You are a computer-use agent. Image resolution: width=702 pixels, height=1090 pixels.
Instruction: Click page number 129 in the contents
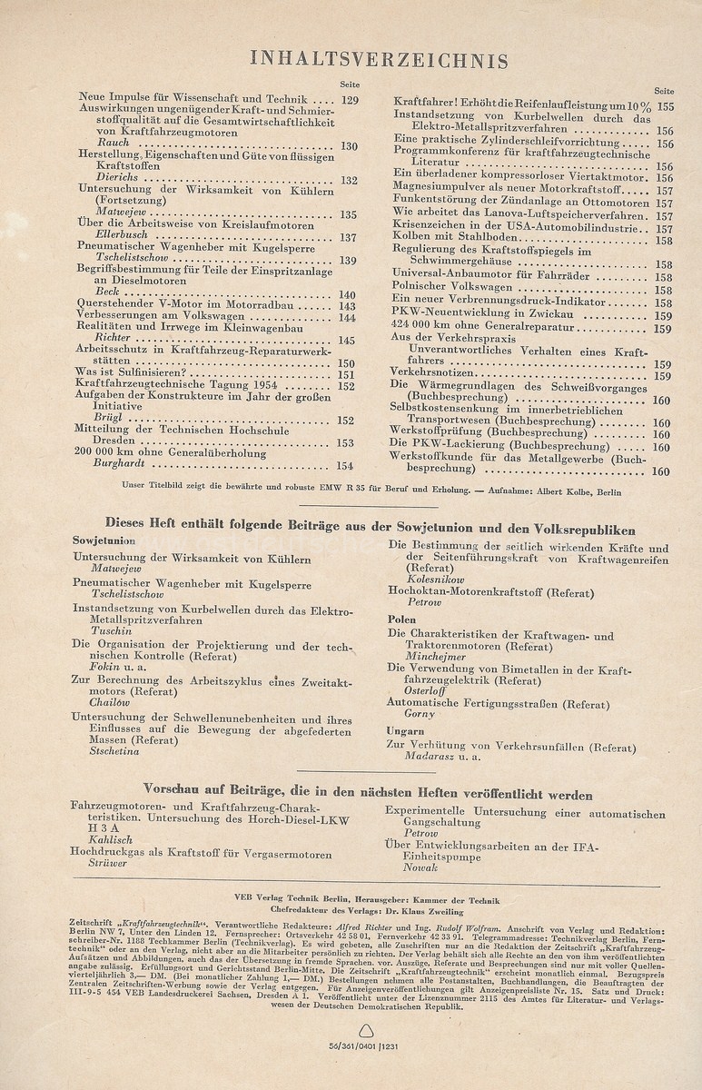[350, 100]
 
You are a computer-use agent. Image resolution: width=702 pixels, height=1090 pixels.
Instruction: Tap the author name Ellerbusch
[103, 237]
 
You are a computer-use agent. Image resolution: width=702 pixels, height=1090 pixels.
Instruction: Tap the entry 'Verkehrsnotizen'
[434, 374]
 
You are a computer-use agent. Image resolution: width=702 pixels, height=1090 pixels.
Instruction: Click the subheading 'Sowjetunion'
[104, 540]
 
